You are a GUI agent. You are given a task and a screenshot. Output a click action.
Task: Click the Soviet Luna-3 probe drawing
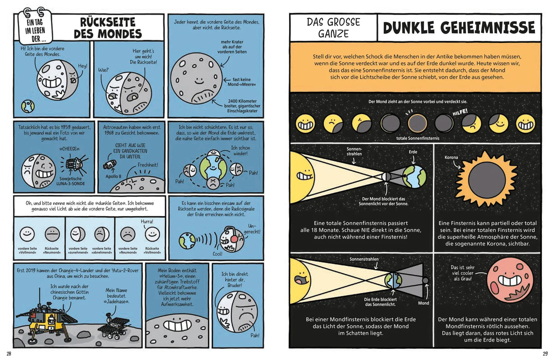pos(74,164)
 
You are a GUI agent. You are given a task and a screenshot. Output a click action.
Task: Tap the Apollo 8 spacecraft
pos(109,164)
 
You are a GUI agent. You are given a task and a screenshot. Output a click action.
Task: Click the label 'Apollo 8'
pos(113,176)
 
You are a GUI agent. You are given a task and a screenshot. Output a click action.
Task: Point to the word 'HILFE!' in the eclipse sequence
pos(460,112)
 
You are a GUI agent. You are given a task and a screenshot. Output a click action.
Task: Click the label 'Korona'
pos(451,157)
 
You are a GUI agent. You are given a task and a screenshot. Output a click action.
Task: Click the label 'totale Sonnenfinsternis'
pos(418,138)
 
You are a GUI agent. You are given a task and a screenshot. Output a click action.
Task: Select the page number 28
pos(9,354)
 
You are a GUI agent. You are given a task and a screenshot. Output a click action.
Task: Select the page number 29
pos(545,354)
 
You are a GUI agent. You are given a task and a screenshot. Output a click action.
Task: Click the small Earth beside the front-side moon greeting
pos(28,106)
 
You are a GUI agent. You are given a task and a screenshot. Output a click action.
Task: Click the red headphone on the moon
pos(234,239)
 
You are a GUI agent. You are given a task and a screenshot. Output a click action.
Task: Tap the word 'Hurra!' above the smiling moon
pos(147,222)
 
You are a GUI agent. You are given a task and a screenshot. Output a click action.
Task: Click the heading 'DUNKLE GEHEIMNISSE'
pos(459,27)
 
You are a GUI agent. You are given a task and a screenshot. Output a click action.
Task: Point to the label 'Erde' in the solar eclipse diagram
pos(413,152)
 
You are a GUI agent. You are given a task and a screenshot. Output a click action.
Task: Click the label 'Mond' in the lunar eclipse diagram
pos(423,303)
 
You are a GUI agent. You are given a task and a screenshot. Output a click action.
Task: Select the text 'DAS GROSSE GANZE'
pos(333,28)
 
